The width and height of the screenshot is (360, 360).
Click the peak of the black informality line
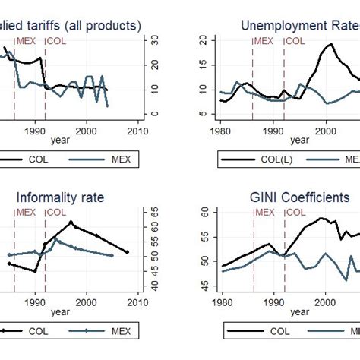coord(71,223)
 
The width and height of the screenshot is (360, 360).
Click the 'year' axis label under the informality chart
coord(60,312)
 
